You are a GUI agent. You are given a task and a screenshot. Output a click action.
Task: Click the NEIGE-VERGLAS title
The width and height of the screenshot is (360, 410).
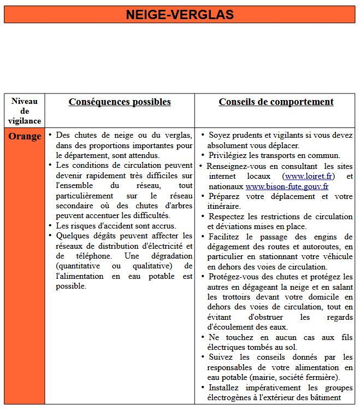[x=180, y=15]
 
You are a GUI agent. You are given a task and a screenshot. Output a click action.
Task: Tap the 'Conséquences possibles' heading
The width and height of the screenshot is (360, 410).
[x=120, y=102]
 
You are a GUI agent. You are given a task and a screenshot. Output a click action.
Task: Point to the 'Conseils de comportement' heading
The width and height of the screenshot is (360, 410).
[x=276, y=102]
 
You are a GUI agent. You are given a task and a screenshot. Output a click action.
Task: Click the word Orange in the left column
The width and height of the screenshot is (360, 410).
[x=25, y=137]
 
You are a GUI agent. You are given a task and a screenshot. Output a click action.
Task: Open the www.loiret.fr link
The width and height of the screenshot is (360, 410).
[x=309, y=177]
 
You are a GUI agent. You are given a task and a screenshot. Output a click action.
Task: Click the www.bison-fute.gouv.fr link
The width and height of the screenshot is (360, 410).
[x=287, y=186]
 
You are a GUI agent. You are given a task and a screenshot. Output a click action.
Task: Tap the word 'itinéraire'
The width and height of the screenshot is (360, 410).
[x=224, y=207]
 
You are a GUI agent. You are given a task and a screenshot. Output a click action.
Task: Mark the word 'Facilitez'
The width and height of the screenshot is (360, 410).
[x=226, y=237]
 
